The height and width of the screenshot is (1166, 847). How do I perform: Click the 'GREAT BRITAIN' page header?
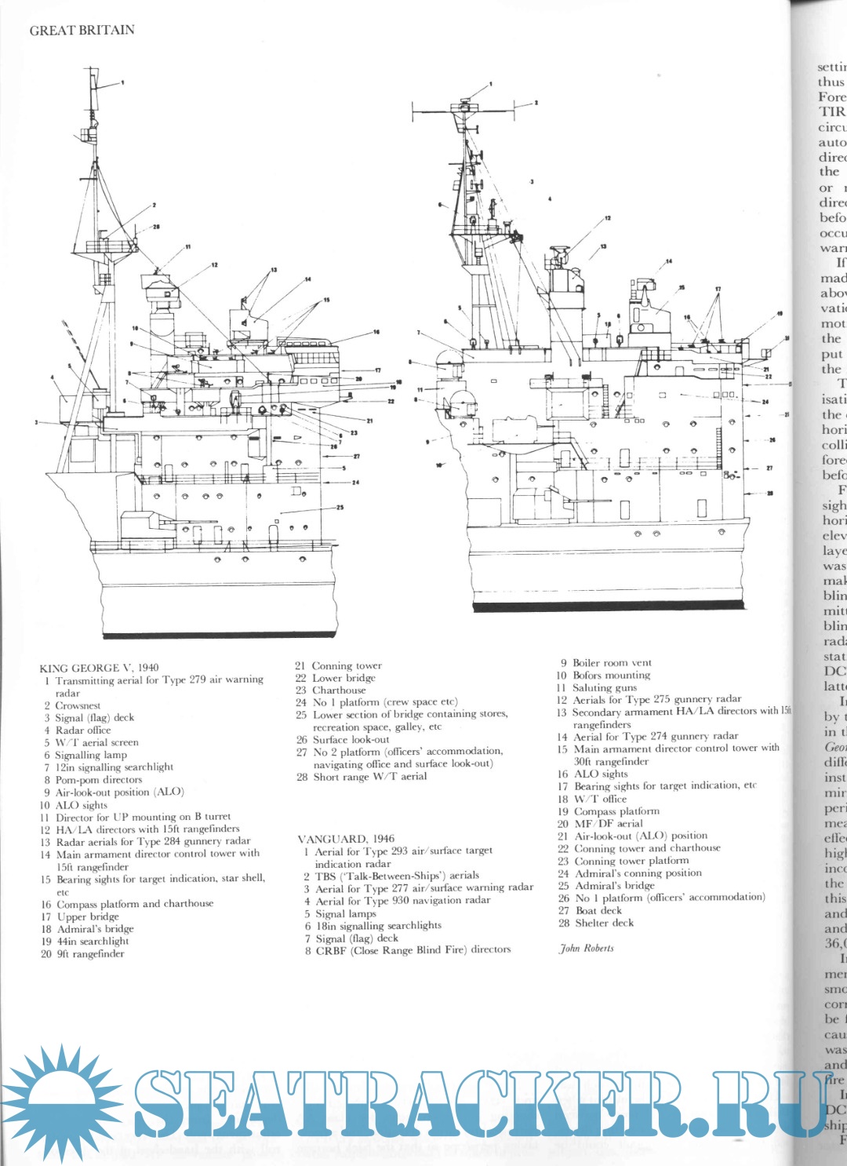coord(82,31)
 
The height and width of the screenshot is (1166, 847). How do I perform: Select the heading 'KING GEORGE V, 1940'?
coord(99,668)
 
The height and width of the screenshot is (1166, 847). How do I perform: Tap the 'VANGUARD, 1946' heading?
coord(346,839)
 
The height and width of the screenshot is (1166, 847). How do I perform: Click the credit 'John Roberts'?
coord(587,948)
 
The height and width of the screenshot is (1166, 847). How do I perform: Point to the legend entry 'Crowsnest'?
coord(78,705)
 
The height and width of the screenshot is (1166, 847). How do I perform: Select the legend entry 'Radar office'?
coord(83,730)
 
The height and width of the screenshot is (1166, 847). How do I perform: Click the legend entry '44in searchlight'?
coord(93,941)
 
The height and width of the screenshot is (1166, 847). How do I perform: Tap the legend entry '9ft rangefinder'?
coord(90,953)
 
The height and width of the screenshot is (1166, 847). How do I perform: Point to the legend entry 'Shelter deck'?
coord(604,923)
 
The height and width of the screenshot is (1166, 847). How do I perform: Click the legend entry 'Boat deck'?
coord(598,910)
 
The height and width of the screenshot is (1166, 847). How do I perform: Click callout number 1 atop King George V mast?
coord(122,82)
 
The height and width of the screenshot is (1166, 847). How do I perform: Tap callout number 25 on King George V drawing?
coord(340,508)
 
